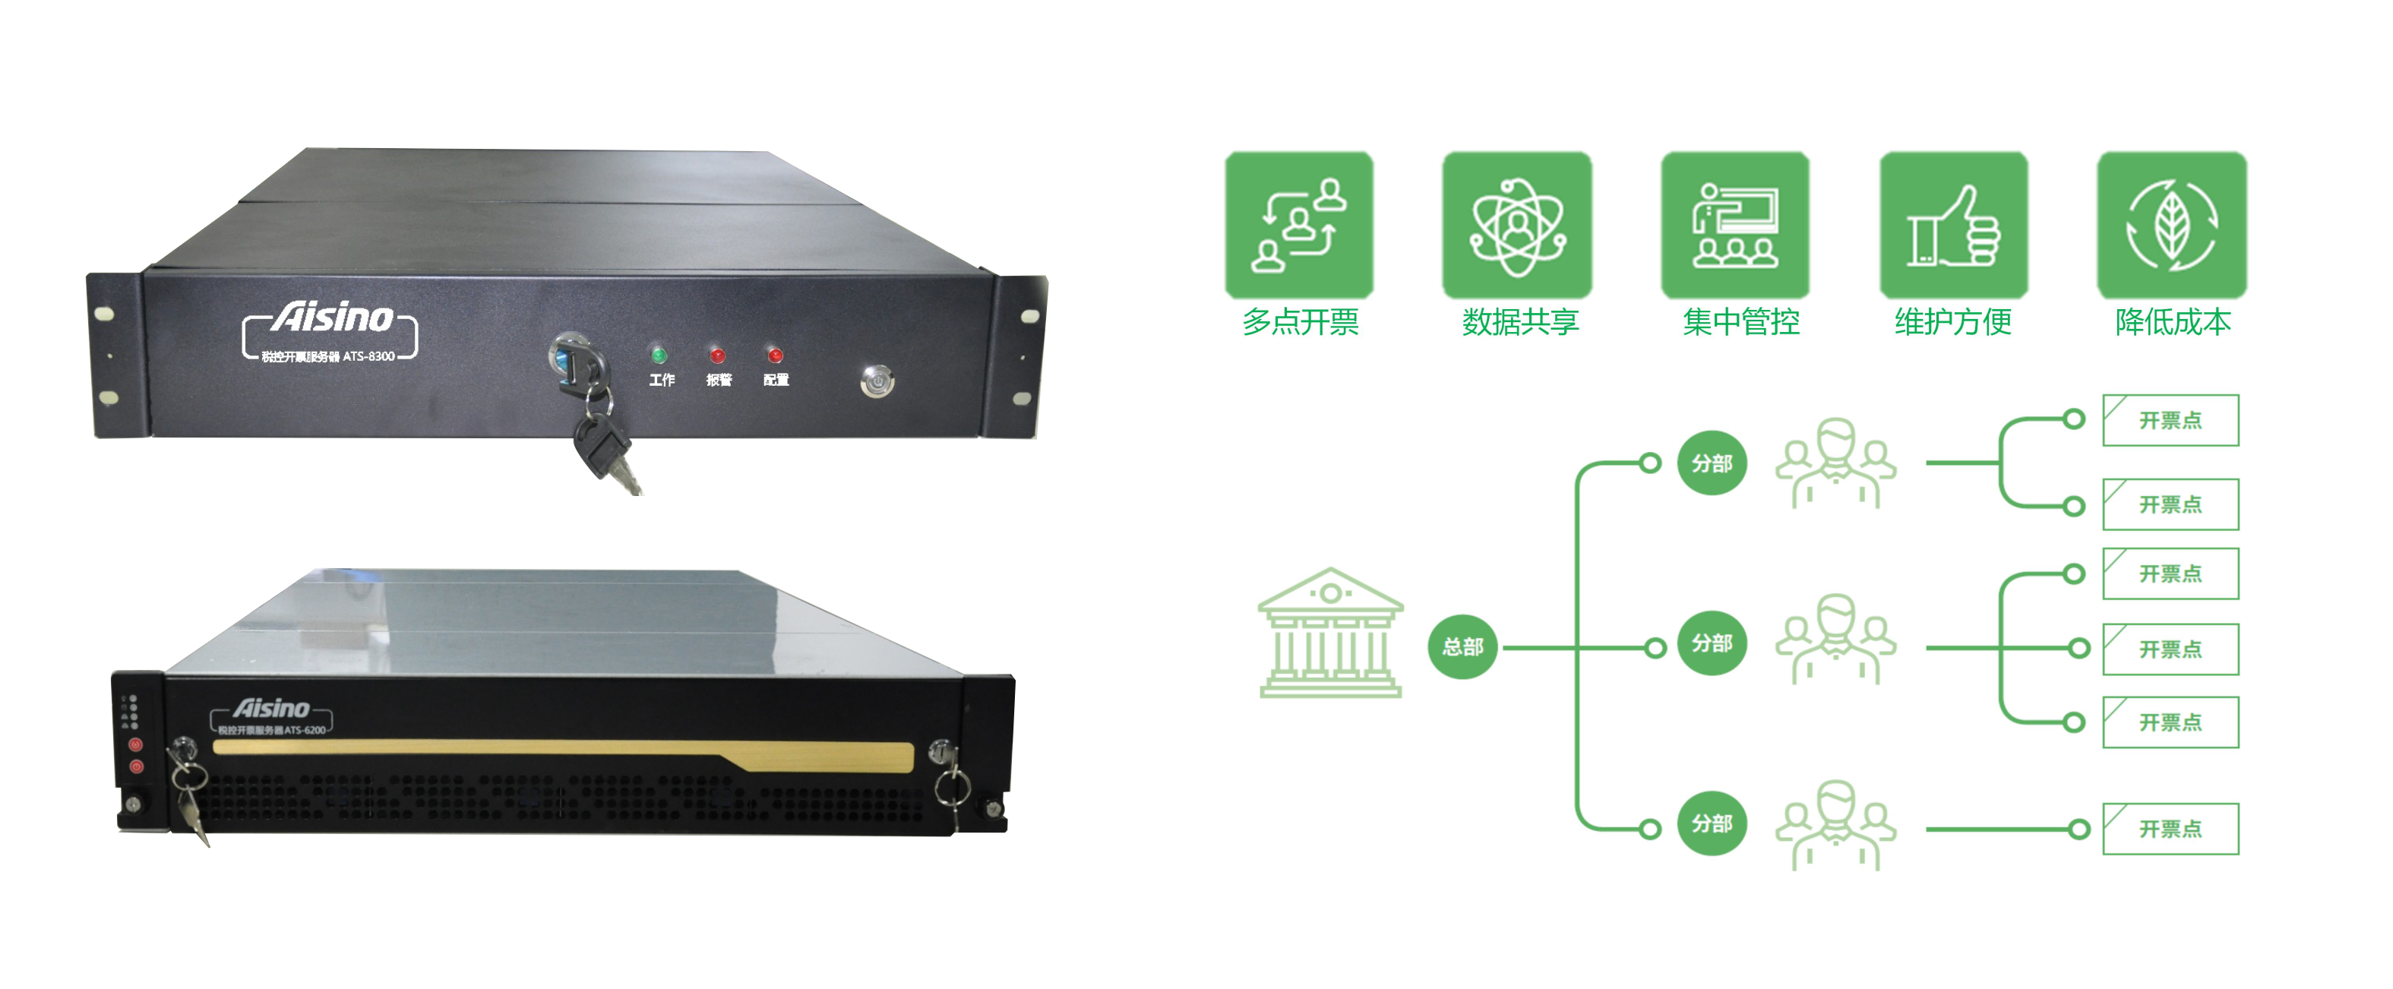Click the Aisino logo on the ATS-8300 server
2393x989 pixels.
coord(332,318)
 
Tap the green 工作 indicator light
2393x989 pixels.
coord(659,355)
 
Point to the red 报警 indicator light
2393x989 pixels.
coord(716,355)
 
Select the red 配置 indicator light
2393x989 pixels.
coord(775,355)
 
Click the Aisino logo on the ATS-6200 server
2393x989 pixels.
coord(271,709)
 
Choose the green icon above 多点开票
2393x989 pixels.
coord(1299,225)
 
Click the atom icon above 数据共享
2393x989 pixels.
coord(1517,225)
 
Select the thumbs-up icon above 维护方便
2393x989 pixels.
coord(1954,225)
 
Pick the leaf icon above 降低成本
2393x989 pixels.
coord(2172,225)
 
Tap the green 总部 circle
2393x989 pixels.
coord(1462,646)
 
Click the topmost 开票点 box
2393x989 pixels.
coord(2170,421)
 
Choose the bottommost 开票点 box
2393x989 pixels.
coord(2170,829)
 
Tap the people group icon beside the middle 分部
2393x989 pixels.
coord(1835,641)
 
